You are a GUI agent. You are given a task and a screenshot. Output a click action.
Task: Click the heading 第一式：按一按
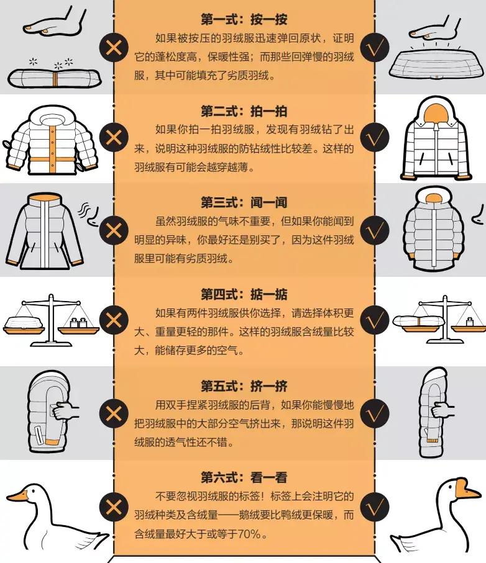click(x=244, y=19)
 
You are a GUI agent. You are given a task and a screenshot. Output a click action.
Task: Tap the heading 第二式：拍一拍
click(x=244, y=111)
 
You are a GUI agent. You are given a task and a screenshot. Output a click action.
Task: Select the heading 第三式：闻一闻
click(x=244, y=202)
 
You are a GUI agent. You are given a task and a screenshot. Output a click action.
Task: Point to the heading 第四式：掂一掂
click(x=244, y=294)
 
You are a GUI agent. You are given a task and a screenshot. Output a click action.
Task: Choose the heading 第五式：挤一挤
click(x=244, y=385)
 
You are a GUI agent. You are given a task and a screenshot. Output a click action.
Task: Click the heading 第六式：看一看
click(x=244, y=477)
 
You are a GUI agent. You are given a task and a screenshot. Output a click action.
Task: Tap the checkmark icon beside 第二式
click(x=374, y=137)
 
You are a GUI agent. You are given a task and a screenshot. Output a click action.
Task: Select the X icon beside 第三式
click(x=114, y=229)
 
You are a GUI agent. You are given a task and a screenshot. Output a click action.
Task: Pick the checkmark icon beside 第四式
click(x=374, y=320)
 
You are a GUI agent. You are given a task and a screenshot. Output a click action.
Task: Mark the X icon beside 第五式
click(x=114, y=413)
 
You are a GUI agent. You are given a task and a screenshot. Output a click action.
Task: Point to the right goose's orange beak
click(x=470, y=492)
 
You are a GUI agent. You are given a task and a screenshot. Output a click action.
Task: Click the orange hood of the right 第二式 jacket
click(x=433, y=112)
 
